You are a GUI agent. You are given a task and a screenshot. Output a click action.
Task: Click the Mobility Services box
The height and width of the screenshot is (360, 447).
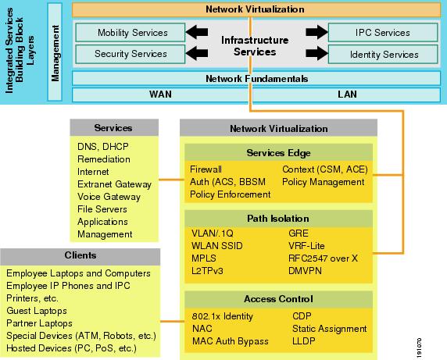(131, 33)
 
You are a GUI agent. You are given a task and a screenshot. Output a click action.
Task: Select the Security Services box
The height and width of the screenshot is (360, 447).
(131, 54)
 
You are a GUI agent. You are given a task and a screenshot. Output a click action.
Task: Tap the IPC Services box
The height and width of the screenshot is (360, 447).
(383, 33)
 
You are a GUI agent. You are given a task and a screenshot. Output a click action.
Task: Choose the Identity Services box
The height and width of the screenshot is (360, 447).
(383, 54)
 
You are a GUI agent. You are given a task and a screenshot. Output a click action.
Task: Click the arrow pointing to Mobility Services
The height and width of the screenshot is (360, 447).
(197, 32)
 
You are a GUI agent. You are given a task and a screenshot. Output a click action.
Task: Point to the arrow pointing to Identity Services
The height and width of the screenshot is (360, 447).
(316, 53)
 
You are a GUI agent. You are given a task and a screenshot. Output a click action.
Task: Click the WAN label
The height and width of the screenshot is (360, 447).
(160, 94)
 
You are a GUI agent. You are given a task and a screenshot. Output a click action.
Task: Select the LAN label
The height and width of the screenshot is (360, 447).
(347, 94)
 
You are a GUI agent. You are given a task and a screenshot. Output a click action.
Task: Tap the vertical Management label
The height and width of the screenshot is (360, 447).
(55, 53)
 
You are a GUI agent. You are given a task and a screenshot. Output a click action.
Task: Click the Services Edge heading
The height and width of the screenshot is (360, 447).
(278, 153)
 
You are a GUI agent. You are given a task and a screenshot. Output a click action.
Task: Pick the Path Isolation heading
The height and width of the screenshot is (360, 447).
(278, 219)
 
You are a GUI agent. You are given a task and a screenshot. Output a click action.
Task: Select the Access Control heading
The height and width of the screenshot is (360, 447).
(278, 299)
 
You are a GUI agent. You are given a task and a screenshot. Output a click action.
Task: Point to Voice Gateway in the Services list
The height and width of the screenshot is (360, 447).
(109, 197)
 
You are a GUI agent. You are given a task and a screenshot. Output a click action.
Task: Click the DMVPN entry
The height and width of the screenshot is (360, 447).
(305, 271)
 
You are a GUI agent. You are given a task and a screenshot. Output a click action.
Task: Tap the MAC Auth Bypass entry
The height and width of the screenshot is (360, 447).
(231, 341)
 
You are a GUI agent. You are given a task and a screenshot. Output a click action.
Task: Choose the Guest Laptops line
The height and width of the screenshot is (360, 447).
(37, 311)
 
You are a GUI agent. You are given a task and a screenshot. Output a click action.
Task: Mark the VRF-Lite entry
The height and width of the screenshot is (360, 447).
(306, 246)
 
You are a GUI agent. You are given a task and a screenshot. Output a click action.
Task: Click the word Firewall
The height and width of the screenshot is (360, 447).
(206, 169)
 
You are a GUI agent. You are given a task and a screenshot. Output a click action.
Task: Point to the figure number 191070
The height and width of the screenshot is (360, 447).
(419, 348)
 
